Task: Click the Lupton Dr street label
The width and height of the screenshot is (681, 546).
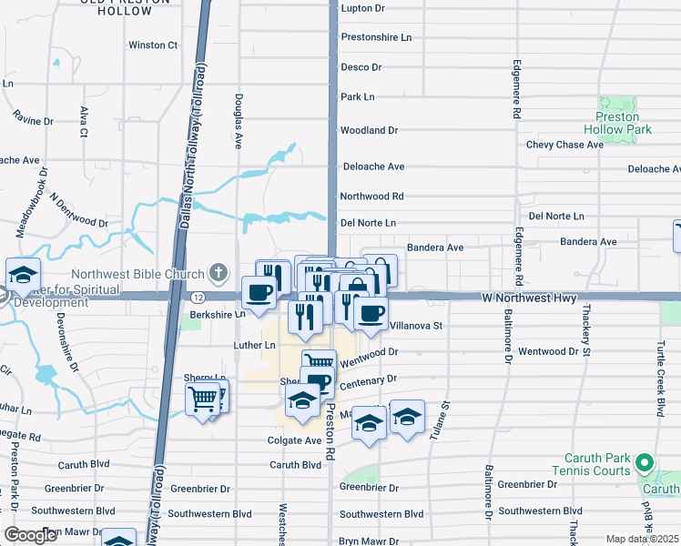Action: (x=362, y=8)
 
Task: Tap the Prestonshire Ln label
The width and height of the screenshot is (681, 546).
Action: (x=376, y=37)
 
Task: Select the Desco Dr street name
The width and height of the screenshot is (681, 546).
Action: (x=361, y=67)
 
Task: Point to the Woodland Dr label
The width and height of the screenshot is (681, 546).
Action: (x=369, y=130)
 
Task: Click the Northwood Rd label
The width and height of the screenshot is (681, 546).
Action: (x=371, y=196)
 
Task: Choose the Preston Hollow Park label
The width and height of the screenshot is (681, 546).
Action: (x=624, y=123)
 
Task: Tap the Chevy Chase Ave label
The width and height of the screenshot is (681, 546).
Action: (x=566, y=145)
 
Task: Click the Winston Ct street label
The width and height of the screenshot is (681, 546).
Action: (x=153, y=45)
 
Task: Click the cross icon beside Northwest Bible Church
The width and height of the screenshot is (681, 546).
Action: (x=219, y=271)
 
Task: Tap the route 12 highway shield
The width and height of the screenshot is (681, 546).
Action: (x=198, y=297)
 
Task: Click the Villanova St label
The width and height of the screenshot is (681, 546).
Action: (x=415, y=325)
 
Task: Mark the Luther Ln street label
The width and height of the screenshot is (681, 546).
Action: (x=254, y=345)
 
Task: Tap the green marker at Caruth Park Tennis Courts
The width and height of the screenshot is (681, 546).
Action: (x=645, y=464)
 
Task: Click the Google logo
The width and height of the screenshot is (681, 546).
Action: (x=31, y=535)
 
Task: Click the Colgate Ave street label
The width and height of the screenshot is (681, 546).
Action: (x=295, y=440)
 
